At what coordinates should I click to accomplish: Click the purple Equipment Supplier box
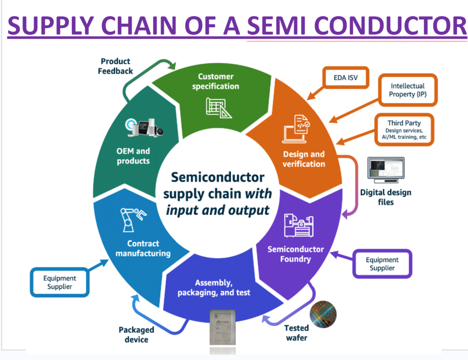click(x=382, y=264)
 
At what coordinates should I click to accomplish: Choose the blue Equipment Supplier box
click(x=59, y=282)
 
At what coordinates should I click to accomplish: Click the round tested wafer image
click(x=323, y=314)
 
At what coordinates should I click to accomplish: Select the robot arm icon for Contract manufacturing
click(x=134, y=220)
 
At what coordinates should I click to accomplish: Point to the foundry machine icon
click(x=297, y=223)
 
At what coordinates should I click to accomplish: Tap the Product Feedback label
click(x=115, y=66)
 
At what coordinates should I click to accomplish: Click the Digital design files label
click(x=385, y=197)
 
